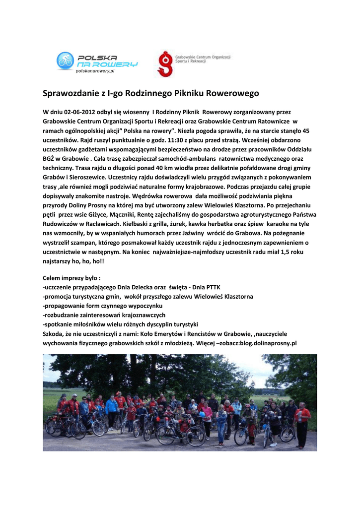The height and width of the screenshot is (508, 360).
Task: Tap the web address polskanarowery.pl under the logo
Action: pyautogui.click(x=95, y=71)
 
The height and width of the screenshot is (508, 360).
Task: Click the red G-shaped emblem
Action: pyautogui.click(x=164, y=63)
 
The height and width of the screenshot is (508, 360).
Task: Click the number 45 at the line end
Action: pyautogui.click(x=305, y=131)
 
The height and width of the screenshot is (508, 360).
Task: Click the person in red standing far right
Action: pyautogui.click(x=302, y=424)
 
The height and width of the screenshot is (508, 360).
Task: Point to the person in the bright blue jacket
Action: pyautogui.click(x=112, y=409)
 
